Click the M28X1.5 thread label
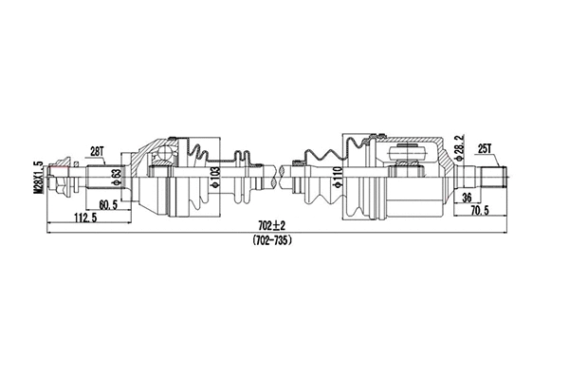pyautogui.click(x=39, y=177)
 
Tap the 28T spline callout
pyautogui.click(x=96, y=151)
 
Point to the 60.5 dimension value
pyautogui.click(x=106, y=203)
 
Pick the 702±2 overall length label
pyautogui.click(x=272, y=223)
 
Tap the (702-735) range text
pyautogui.click(x=273, y=240)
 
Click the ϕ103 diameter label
pyautogui.click(x=214, y=177)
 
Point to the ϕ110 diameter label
pyautogui.click(x=338, y=177)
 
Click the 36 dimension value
pyautogui.click(x=466, y=197)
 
